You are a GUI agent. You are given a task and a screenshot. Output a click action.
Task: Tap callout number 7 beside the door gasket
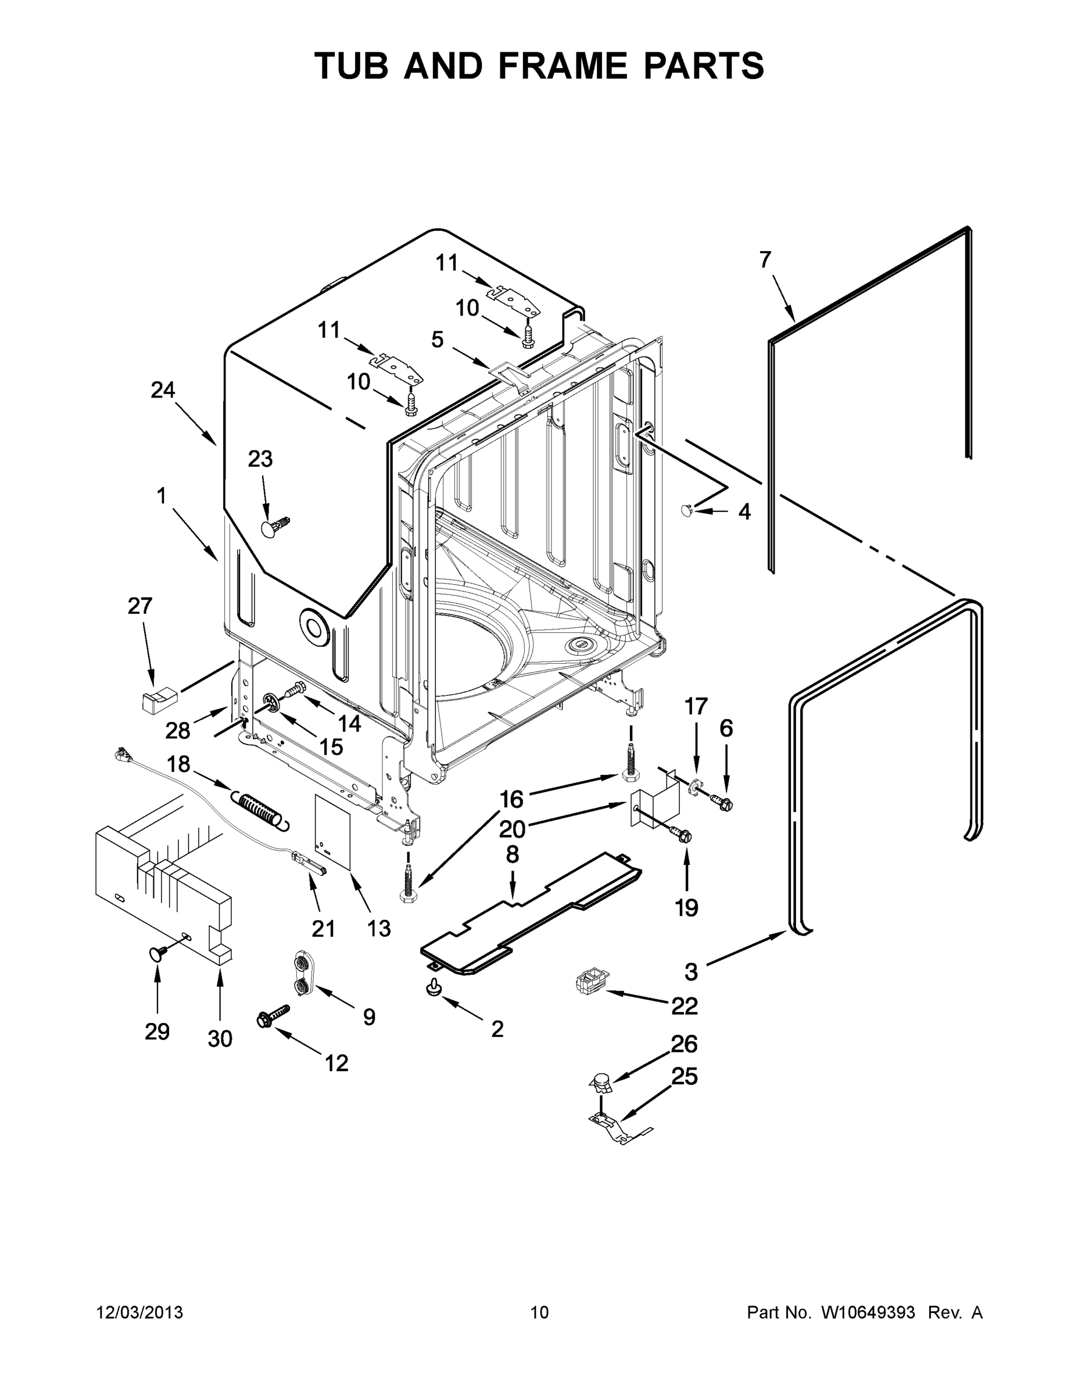pos(765,260)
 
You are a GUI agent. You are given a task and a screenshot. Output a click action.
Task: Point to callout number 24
pos(163,389)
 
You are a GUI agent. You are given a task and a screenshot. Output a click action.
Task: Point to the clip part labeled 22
pos(591,979)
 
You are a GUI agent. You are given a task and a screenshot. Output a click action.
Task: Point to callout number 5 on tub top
pos(437,339)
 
